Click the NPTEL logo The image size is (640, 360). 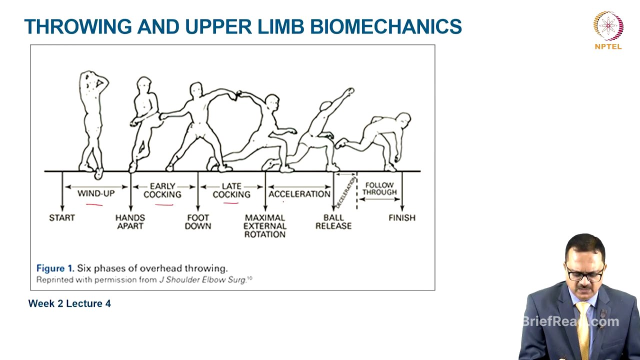click(x=608, y=29)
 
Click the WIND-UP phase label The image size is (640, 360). click(x=96, y=193)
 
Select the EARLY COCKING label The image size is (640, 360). click(x=162, y=190)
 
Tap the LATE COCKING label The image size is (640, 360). click(x=231, y=190)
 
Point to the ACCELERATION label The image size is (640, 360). click(x=299, y=194)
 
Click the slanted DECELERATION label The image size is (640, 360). click(x=345, y=191)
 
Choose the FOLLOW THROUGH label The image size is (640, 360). click(x=379, y=188)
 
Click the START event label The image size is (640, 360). click(x=62, y=218)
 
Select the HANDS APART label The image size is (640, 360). click(x=130, y=221)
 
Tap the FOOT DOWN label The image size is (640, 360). click(x=198, y=221)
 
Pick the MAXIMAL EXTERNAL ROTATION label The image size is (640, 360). click(x=265, y=226)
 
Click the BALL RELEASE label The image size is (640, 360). click(x=333, y=221)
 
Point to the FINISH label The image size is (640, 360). click(x=402, y=218)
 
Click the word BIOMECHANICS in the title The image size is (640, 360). click(x=385, y=26)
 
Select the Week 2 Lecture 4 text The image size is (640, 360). click(x=69, y=303)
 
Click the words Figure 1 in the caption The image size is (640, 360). click(x=55, y=268)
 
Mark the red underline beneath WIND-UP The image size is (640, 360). click(x=94, y=204)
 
